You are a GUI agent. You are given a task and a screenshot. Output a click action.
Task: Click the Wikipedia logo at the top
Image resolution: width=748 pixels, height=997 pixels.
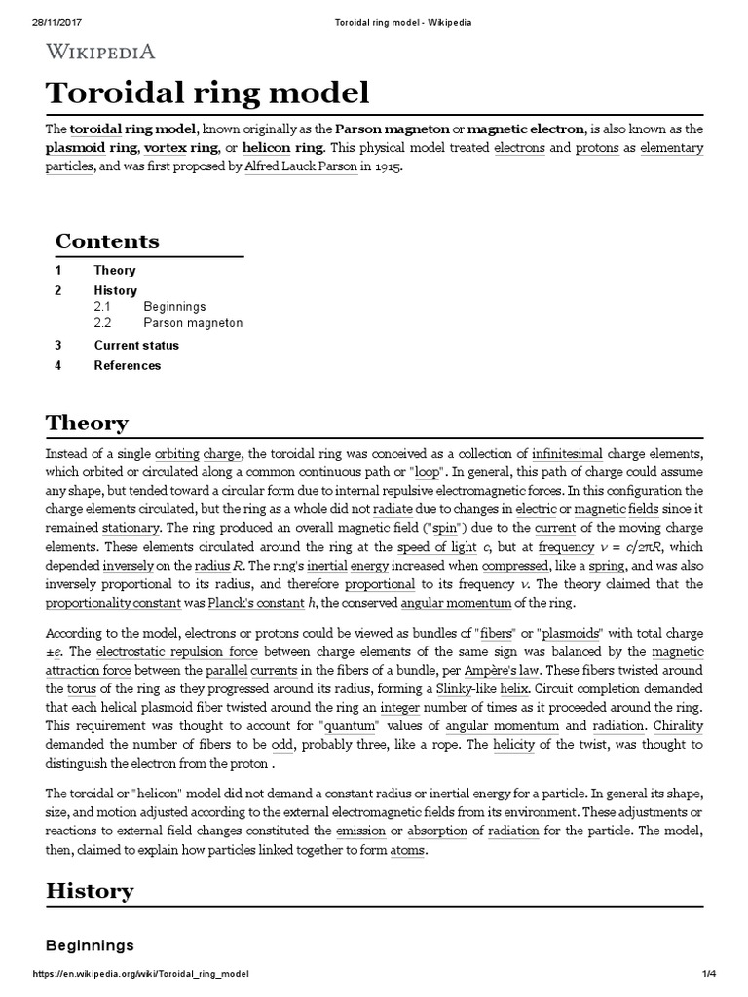(100, 52)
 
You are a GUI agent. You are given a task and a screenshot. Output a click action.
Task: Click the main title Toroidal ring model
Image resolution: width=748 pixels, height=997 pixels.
(207, 93)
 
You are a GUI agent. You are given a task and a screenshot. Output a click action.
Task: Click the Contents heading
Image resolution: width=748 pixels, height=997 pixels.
(107, 240)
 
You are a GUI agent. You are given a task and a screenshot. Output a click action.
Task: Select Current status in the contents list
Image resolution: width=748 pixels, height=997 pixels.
(136, 345)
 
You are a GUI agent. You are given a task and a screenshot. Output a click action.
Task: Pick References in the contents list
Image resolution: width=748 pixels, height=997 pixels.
(128, 366)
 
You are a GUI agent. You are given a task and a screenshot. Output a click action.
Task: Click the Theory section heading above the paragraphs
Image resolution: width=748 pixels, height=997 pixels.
(87, 423)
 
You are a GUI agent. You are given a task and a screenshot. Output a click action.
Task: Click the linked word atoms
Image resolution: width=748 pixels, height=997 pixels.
(406, 850)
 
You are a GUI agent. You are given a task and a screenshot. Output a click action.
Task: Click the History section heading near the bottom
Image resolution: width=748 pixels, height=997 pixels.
(90, 890)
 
